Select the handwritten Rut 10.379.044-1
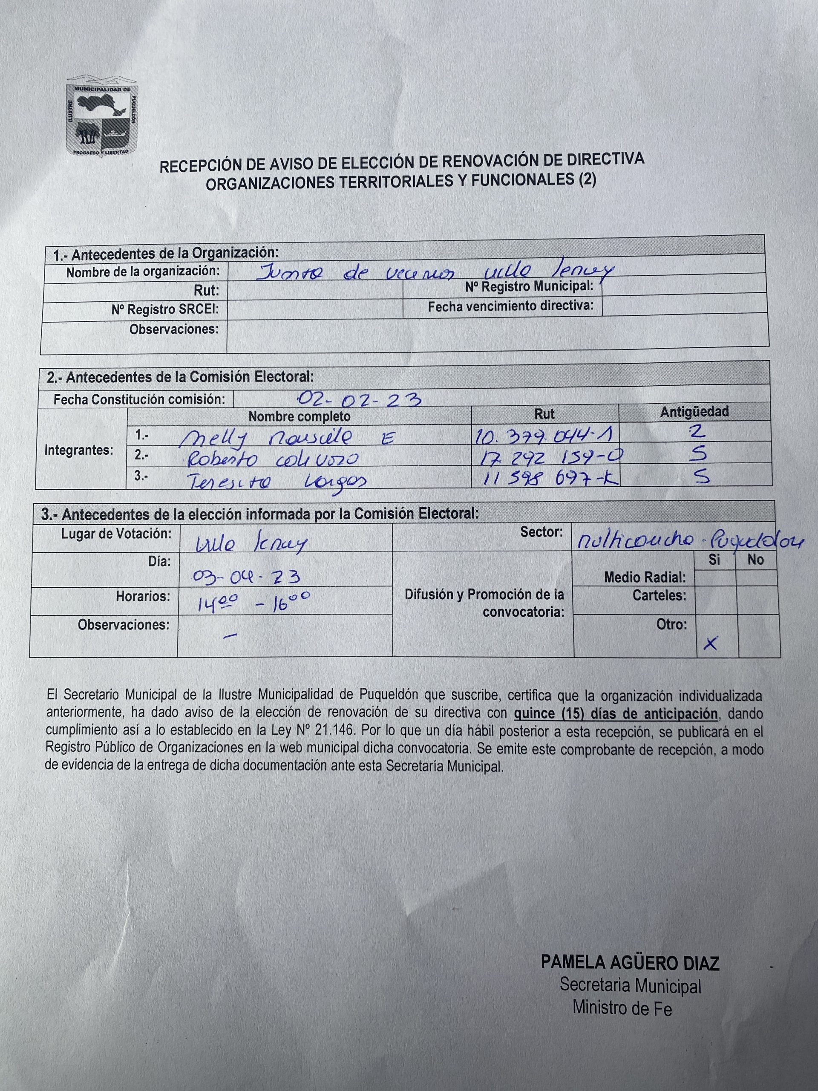tap(542, 436)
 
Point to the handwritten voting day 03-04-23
tap(247, 576)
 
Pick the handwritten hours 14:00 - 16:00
tap(253, 602)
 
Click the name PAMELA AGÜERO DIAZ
tap(630, 962)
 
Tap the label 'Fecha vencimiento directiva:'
tap(510, 307)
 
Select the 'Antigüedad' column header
tap(694, 412)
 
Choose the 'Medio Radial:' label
tap(645, 577)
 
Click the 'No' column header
tap(755, 560)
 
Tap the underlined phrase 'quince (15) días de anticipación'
tap(615, 714)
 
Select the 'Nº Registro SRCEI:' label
tap(165, 310)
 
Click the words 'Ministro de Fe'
tap(622, 1008)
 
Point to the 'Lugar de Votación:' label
tap(116, 534)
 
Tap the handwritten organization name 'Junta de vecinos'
tap(355, 272)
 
